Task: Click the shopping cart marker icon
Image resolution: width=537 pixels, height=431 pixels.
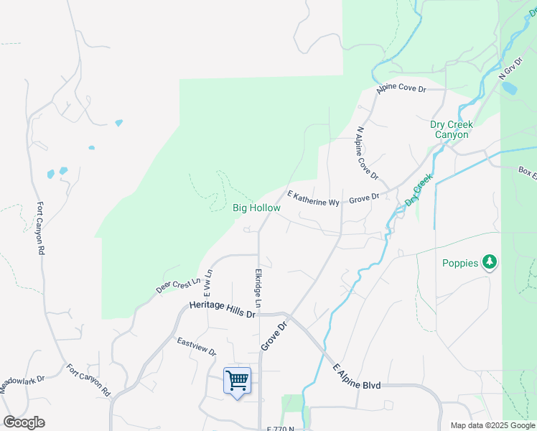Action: click(237, 381)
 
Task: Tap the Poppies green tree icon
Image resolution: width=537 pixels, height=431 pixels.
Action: click(490, 262)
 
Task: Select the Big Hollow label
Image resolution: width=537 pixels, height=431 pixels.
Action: click(256, 208)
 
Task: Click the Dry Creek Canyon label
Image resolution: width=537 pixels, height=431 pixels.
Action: click(449, 129)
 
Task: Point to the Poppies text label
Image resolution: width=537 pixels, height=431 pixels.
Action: click(460, 263)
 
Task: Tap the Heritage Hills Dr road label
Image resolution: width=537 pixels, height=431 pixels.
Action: click(223, 310)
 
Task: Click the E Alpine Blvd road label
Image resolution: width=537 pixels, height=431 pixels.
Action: click(356, 377)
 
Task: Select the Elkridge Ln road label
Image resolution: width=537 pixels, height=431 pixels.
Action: click(257, 289)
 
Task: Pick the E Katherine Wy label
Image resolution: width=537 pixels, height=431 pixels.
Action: click(313, 199)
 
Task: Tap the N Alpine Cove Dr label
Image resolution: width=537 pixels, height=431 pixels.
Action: click(367, 154)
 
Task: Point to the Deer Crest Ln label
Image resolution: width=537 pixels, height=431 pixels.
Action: click(174, 285)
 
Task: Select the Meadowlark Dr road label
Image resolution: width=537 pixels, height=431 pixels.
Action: click(22, 384)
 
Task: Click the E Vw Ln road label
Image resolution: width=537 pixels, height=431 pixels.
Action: click(207, 283)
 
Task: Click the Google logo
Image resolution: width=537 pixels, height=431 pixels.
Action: click(24, 422)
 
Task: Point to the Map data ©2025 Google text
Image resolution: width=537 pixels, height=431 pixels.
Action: click(492, 425)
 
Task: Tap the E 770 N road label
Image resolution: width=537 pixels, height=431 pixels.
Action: click(280, 429)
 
